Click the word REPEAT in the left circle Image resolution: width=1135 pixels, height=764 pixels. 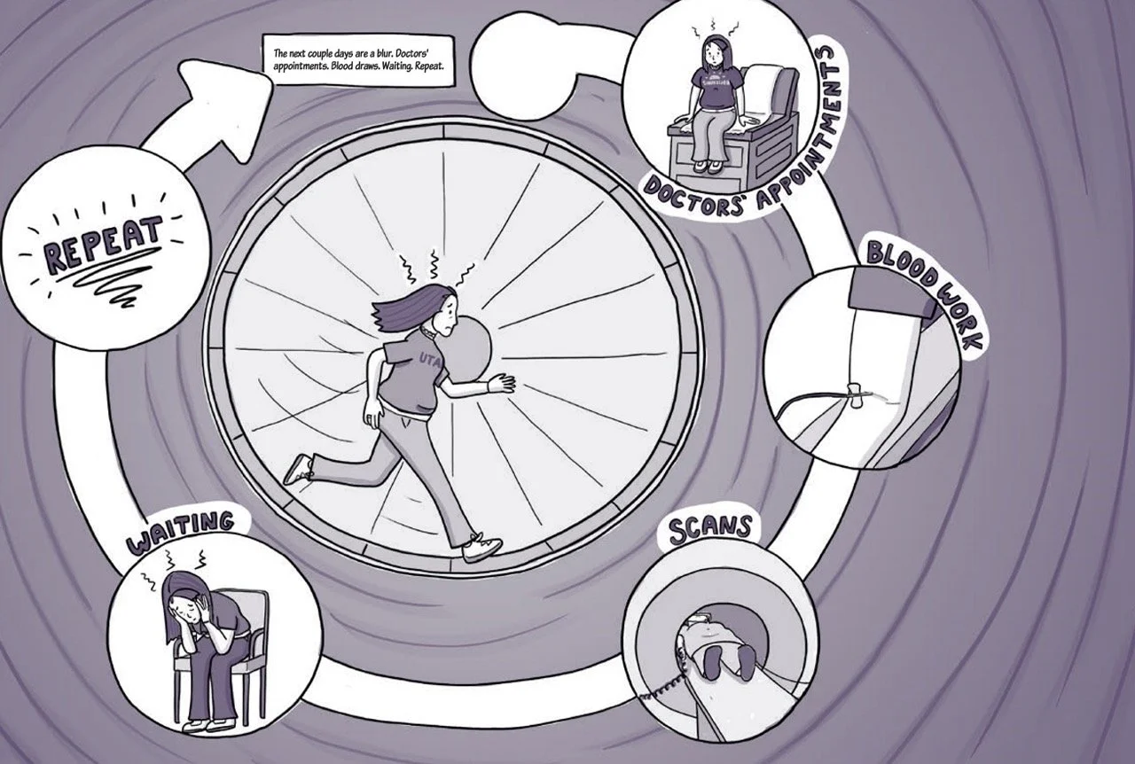click(x=104, y=243)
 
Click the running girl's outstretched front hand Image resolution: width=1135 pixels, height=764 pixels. click(x=501, y=382)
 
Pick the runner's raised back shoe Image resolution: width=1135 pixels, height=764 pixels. click(x=299, y=469)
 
